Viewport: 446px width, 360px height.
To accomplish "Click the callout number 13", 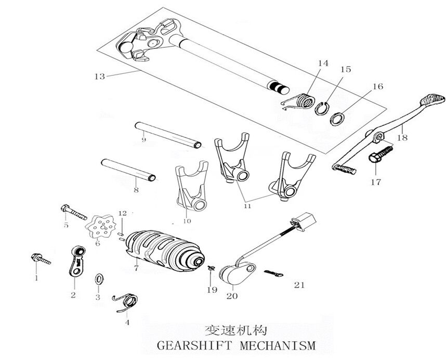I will [x=99, y=76].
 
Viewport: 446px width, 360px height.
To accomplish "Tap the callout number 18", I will [x=402, y=138].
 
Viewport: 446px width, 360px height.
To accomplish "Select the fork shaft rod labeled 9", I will [x=167, y=134].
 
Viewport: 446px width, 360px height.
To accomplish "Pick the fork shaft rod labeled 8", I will [x=129, y=170].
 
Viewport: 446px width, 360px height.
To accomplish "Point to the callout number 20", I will [x=232, y=296].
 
